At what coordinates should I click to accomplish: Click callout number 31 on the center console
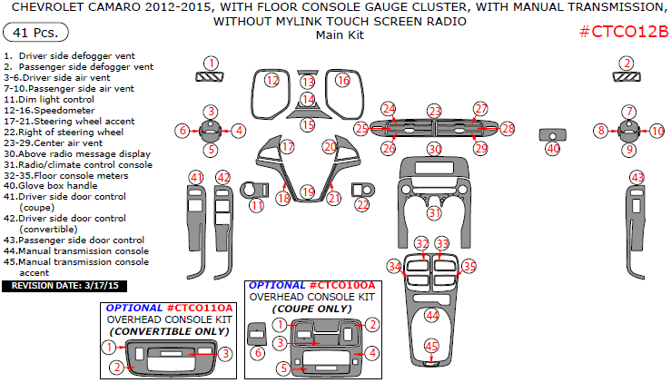(x=436, y=212)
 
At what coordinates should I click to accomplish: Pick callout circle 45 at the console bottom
(x=432, y=345)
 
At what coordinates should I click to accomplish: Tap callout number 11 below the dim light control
(x=258, y=206)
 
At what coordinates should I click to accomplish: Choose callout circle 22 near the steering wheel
(x=362, y=205)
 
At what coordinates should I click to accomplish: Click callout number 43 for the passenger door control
(x=637, y=177)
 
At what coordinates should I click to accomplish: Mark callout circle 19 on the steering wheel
(x=309, y=191)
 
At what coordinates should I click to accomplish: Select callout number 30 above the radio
(x=435, y=149)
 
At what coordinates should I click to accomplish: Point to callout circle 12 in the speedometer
(x=271, y=81)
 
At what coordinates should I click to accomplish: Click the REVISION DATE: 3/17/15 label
(x=65, y=286)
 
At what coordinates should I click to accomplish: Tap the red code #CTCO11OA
(x=200, y=309)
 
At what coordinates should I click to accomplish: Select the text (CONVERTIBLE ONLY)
(x=170, y=331)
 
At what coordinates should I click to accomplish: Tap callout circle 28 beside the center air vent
(x=508, y=129)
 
